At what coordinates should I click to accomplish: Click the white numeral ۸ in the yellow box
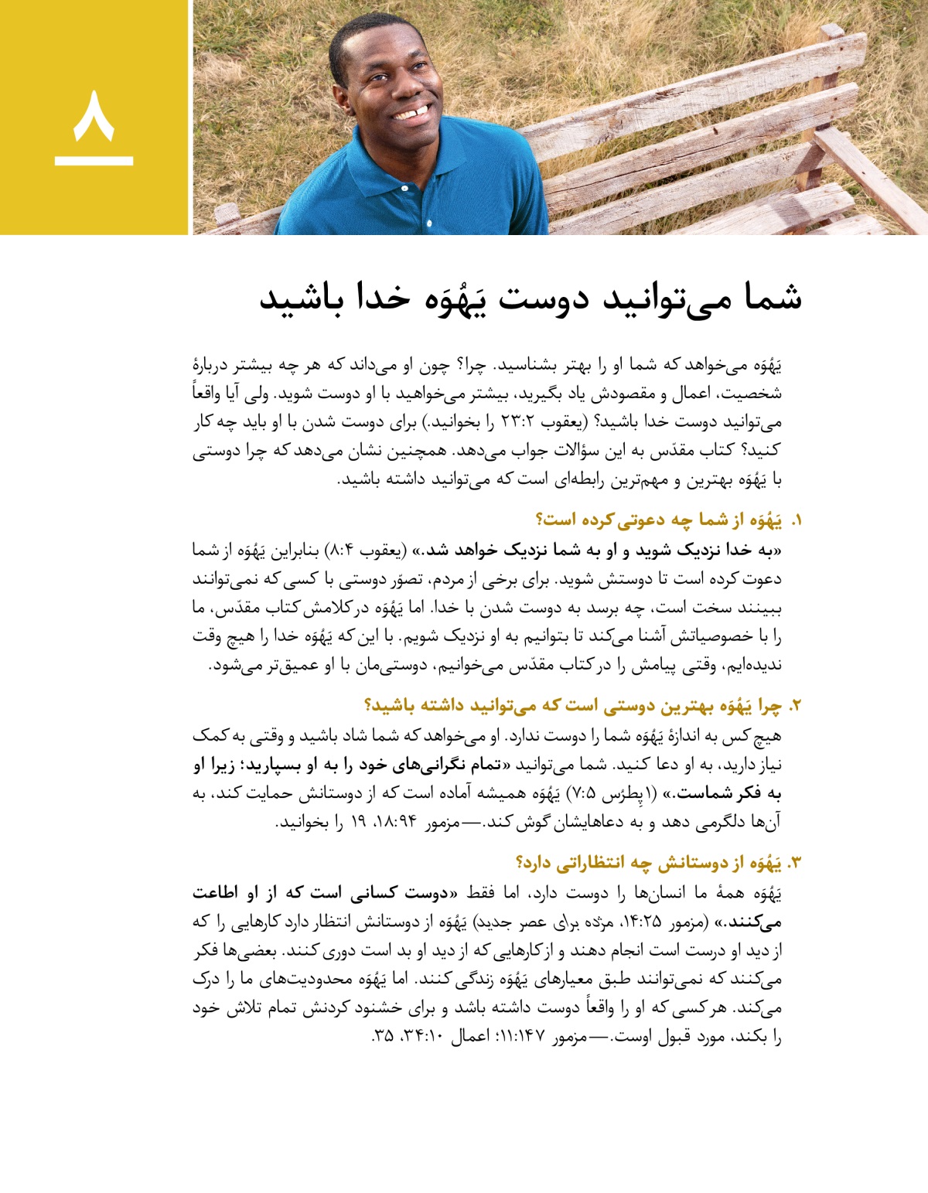pos(94,116)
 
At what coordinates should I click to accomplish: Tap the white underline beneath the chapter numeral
pos(94,161)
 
